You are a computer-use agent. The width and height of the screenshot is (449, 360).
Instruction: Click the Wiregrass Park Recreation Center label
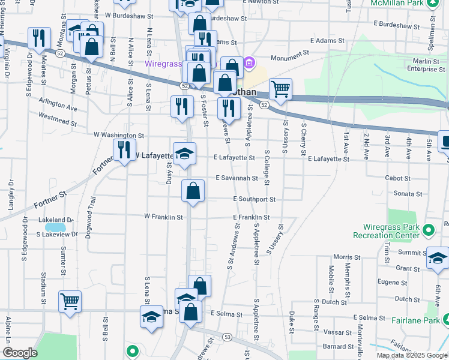pyautogui.click(x=391, y=231)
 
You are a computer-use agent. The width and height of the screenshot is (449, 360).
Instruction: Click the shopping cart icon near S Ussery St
pyautogui.click(x=280, y=90)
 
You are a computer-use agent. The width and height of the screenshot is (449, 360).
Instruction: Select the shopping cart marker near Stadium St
pyautogui.click(x=70, y=302)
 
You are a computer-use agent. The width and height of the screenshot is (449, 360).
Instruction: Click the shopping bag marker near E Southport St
pyautogui.click(x=193, y=191)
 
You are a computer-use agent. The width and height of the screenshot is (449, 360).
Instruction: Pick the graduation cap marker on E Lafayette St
pyautogui.click(x=184, y=154)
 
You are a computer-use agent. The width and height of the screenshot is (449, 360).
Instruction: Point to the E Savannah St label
pyautogui.click(x=237, y=178)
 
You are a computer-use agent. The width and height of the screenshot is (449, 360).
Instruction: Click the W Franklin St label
pyautogui.click(x=163, y=217)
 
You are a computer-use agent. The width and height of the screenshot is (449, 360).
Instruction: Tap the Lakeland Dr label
pyautogui.click(x=55, y=221)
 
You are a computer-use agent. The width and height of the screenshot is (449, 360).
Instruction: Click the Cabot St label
pyautogui.click(x=398, y=178)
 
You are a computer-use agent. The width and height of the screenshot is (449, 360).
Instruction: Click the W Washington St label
pyautogui.click(x=119, y=136)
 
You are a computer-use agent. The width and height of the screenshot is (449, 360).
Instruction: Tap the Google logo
pyautogui.click(x=19, y=352)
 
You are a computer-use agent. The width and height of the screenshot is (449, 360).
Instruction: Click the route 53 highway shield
pyautogui.click(x=226, y=337)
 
